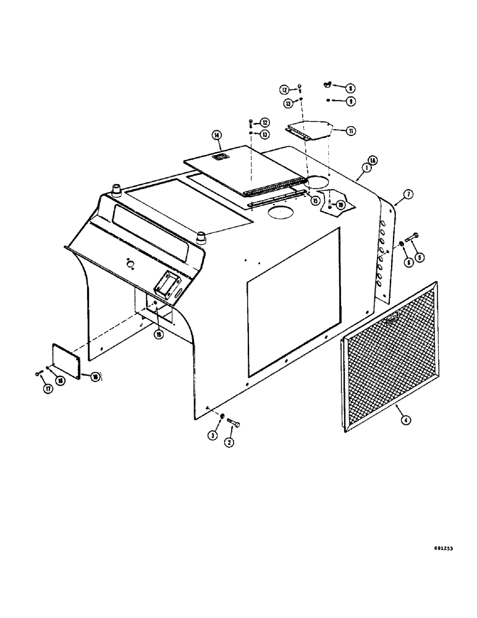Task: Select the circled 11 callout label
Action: click(x=350, y=130)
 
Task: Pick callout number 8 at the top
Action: click(x=352, y=88)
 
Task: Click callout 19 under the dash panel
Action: click(x=158, y=334)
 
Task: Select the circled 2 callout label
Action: click(x=229, y=442)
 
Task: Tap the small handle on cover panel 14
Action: click(x=219, y=158)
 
